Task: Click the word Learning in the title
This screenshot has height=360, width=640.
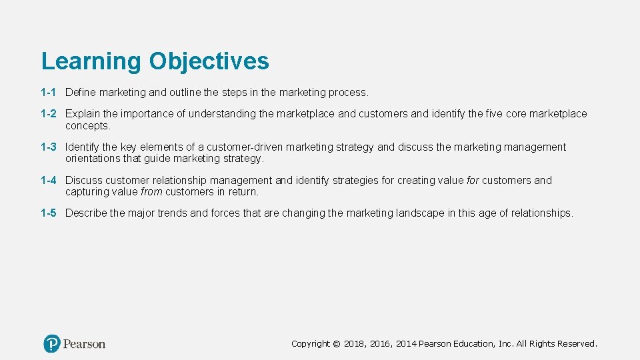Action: tap(91, 61)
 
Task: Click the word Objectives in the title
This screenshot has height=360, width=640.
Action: tap(209, 61)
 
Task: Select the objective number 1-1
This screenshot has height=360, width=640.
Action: tap(48, 92)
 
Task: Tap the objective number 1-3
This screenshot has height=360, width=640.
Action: tap(48, 147)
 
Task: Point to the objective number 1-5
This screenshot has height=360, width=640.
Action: tap(48, 213)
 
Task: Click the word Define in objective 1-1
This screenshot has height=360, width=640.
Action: tap(81, 92)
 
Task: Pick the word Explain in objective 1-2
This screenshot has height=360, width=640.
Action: tap(83, 114)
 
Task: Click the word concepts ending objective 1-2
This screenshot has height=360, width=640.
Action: tap(87, 125)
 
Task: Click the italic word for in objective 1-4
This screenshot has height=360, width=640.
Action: tap(472, 180)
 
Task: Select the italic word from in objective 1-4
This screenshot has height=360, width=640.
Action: tap(152, 192)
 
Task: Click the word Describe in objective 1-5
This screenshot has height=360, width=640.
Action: tap(86, 213)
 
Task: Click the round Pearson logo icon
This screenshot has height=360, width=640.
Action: tap(52, 343)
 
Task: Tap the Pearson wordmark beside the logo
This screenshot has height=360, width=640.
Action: tap(85, 344)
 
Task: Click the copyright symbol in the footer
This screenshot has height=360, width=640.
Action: tap(337, 344)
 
